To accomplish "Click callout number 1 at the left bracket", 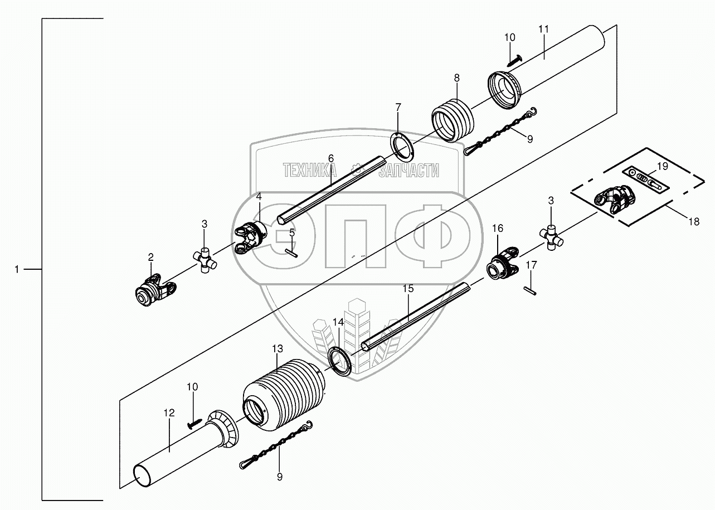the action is coord(17,269).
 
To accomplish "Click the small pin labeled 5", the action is coord(292,252).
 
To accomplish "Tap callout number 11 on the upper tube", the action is coord(544,28).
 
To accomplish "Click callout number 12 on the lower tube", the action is coord(169,413).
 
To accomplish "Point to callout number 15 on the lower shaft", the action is coord(408,289).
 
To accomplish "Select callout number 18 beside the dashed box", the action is coord(693,222).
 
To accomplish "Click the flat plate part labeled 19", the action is coord(645,180).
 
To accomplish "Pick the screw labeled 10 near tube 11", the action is coord(515,57).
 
